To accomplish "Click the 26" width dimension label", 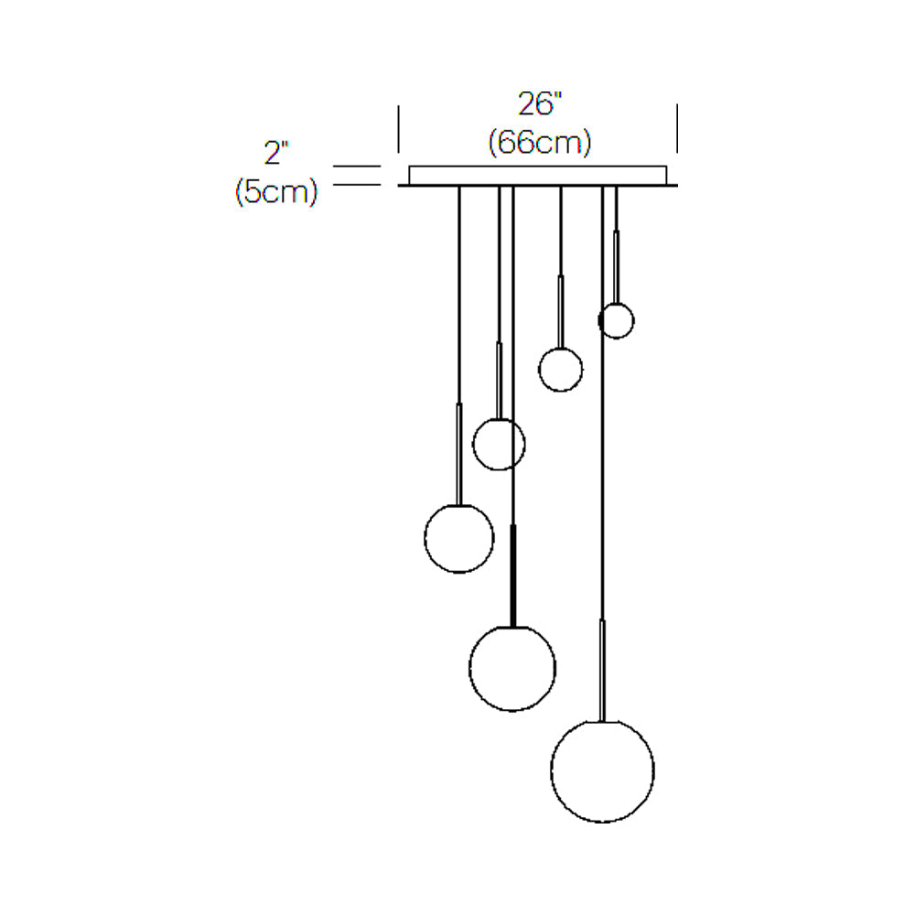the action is (540, 104).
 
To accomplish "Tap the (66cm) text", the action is (540, 142).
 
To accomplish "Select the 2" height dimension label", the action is (276, 153).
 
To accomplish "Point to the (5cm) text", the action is (276, 191).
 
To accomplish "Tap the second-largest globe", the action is (469, 669).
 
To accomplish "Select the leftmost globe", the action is (425, 539).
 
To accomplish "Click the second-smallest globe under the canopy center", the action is (539, 370).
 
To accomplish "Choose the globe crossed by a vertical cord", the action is (473, 445).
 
